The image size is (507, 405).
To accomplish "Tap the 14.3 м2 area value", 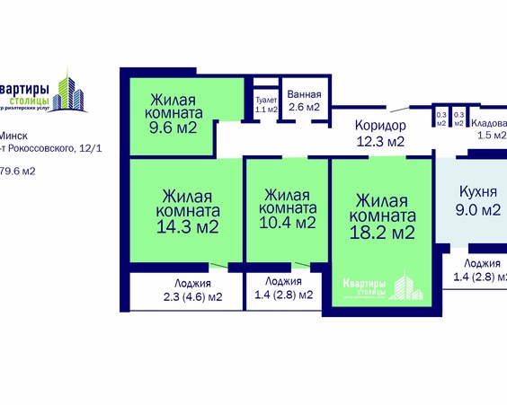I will coord(187,227).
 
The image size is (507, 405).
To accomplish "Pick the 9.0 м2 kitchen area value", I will coord(477,211).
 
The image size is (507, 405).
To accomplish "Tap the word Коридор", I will coord(381,125).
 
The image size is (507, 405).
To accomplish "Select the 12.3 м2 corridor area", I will coord(379,141).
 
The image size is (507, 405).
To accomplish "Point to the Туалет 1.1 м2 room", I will coord(266,104).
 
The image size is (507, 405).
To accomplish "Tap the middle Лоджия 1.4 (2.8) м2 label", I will coord(283,286).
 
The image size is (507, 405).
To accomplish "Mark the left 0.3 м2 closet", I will coord(441,118).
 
